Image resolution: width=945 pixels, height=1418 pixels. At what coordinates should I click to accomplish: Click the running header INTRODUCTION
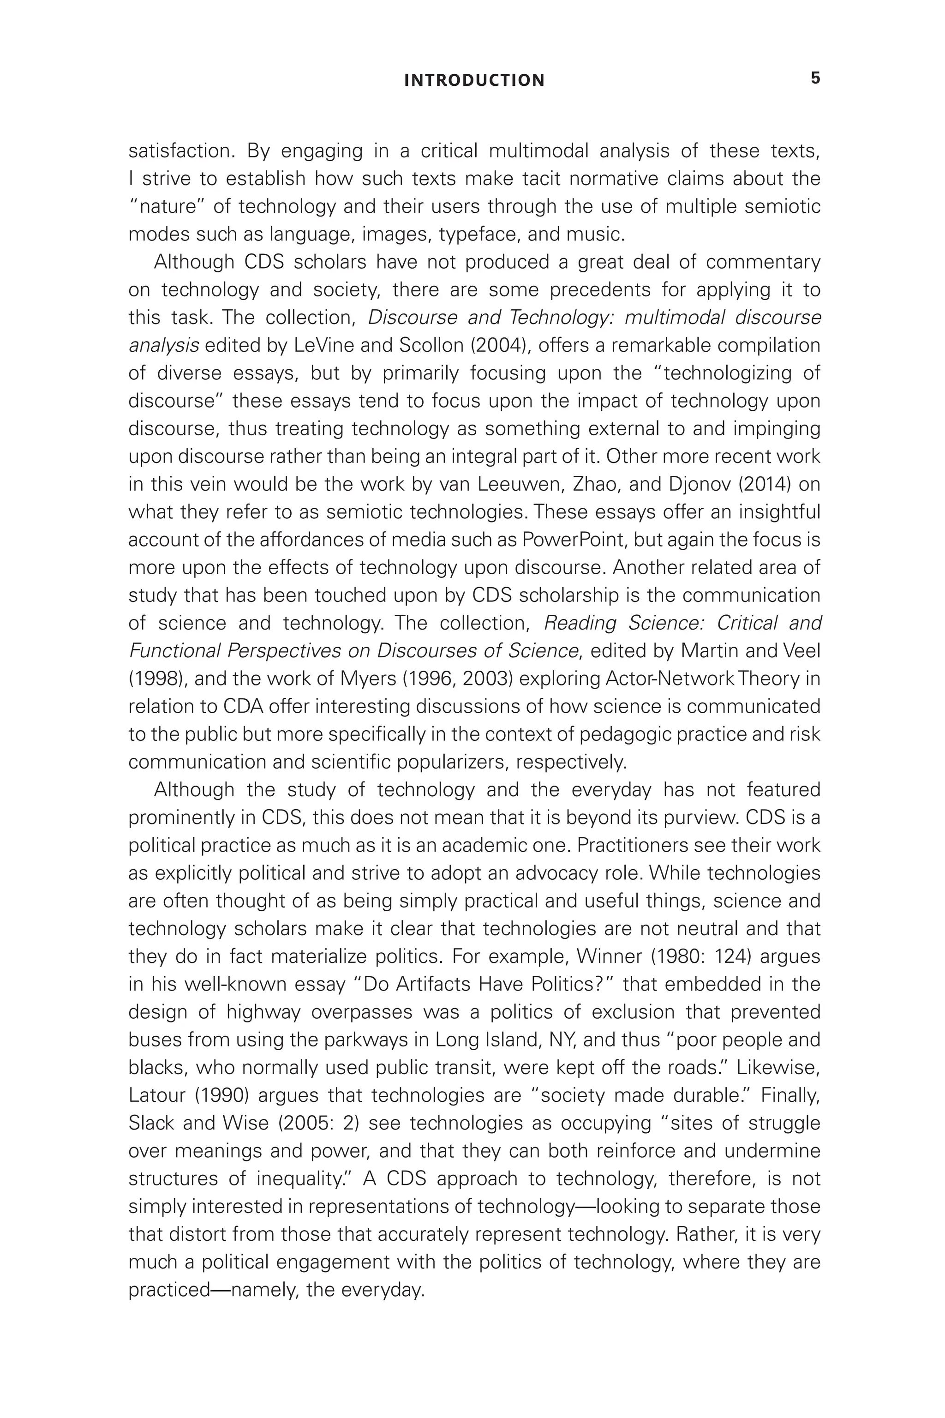[474, 80]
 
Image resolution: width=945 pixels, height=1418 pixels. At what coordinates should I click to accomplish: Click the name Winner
[610, 957]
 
